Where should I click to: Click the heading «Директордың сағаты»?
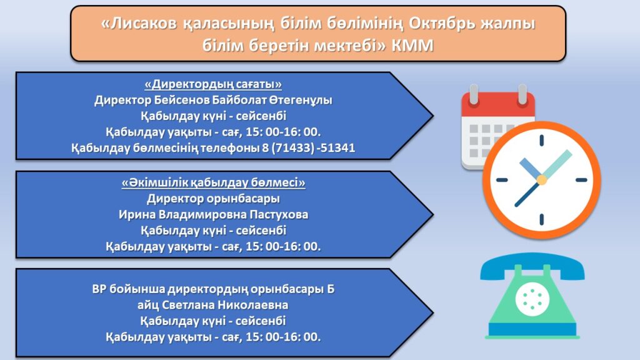coord(213,84)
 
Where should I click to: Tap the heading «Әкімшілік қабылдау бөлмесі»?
coord(213,182)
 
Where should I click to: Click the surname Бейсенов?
coord(182,100)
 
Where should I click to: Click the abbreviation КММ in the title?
coord(412,46)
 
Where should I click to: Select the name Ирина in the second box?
coord(137,215)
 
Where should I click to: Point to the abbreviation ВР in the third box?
coord(99,289)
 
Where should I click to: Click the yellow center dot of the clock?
coord(542,179)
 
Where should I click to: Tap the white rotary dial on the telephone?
coord(532,299)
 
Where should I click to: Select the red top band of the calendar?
coord(498,104)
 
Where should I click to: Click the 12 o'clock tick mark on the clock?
coord(542,140)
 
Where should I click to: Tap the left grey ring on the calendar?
coord(474,94)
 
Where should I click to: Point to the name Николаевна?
coord(252,305)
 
